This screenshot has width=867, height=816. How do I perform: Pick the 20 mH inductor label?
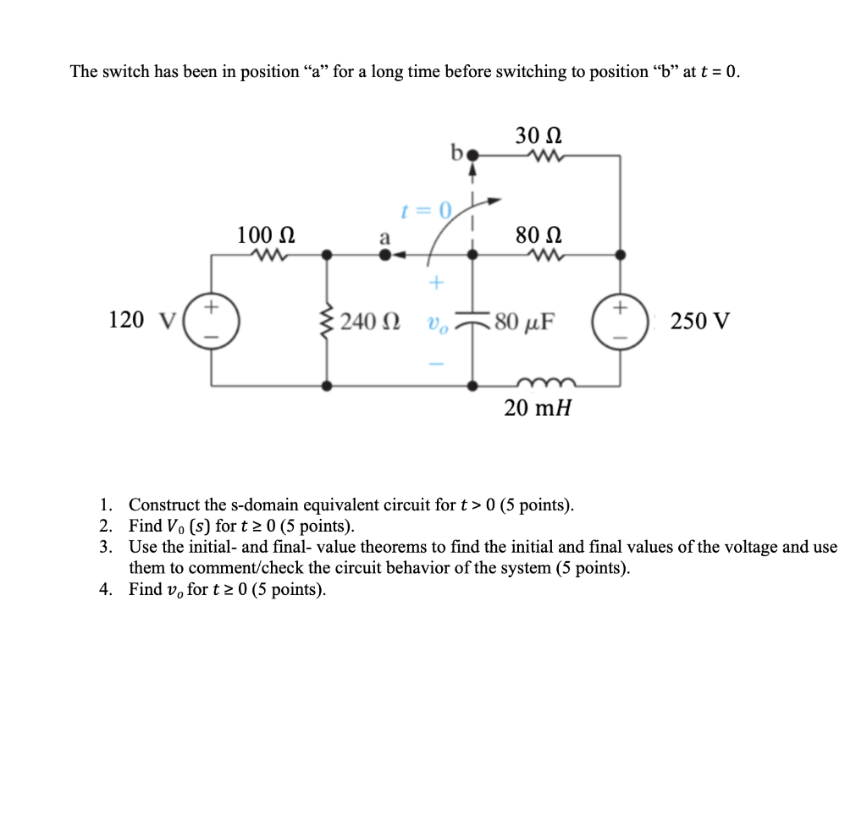(538, 408)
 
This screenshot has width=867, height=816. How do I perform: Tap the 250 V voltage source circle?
(620, 321)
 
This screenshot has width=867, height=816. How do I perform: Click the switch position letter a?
(384, 238)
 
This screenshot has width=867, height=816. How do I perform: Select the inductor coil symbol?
(538, 382)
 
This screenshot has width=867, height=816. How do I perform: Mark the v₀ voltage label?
(435, 323)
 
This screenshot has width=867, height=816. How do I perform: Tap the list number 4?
(104, 589)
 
